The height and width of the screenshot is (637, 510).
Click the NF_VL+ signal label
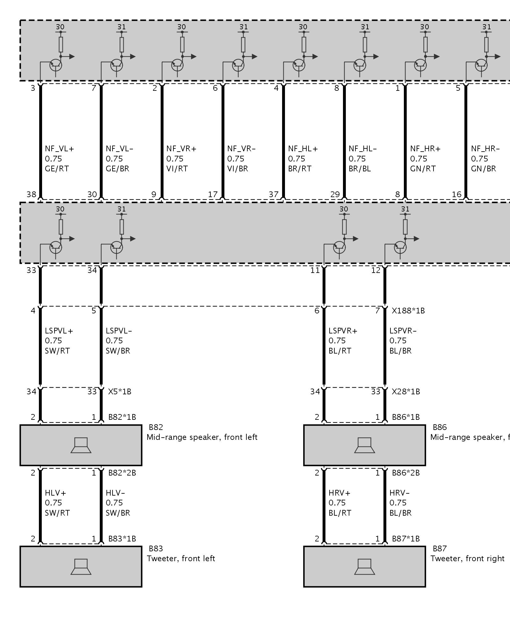click(59, 149)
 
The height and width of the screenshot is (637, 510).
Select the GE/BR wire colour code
click(117, 168)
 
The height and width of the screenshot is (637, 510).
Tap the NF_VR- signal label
click(241, 149)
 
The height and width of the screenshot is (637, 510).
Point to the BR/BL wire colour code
click(360, 168)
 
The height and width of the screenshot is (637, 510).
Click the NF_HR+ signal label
click(425, 149)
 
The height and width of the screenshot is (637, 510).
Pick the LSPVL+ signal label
click(59, 331)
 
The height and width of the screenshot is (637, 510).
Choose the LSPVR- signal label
click(403, 331)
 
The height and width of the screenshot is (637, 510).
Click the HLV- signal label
click(115, 493)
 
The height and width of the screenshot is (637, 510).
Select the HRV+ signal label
click(339, 493)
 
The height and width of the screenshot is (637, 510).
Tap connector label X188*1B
click(408, 311)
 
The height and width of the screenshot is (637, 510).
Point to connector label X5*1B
click(120, 391)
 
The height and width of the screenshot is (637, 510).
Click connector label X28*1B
click(406, 391)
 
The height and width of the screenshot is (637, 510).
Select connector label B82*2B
click(122, 473)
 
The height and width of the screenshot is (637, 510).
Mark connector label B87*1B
click(406, 539)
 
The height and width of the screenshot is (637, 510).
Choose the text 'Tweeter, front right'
click(467, 559)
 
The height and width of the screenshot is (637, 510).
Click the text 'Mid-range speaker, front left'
click(202, 437)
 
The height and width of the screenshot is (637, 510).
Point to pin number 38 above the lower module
click(32, 194)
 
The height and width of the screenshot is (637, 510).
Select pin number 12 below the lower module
click(376, 270)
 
